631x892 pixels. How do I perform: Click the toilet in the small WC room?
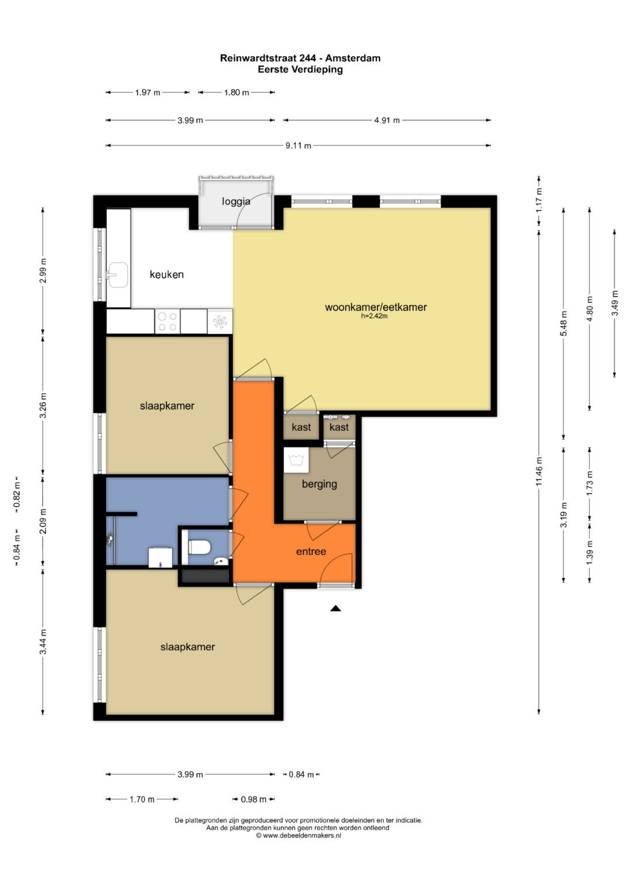point(199,547)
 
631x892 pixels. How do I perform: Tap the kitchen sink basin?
point(118,275)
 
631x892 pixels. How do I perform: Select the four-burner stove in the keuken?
point(167,322)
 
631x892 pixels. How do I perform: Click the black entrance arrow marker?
point(335,608)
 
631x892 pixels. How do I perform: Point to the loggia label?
point(236,202)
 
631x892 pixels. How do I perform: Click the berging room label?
point(320,484)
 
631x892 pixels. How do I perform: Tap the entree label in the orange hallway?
point(311,551)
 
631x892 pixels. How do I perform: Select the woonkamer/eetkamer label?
point(376,307)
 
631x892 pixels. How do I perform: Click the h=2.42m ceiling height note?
point(374,316)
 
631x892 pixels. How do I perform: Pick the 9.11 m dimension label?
point(299,146)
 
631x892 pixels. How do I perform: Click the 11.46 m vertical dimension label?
point(539,471)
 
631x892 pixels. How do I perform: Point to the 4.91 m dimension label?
point(387,120)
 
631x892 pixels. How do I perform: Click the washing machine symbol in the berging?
point(296,460)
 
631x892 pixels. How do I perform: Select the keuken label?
point(167,275)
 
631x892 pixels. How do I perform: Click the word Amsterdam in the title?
point(353,58)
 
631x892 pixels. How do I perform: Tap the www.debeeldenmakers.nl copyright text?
point(299,836)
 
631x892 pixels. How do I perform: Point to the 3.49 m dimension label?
point(615,303)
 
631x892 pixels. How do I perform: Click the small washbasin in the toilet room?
point(221,561)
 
